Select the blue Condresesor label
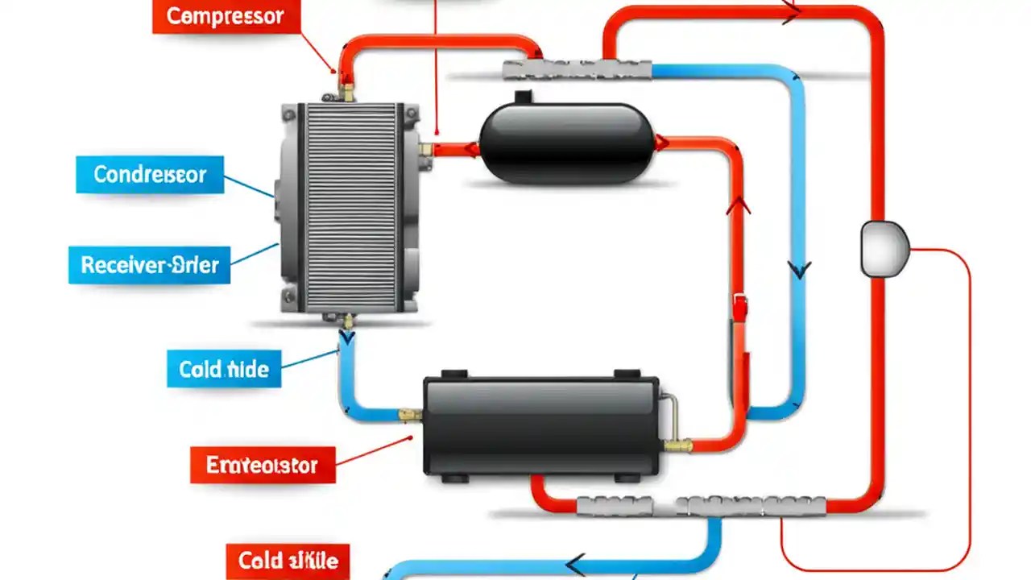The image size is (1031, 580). (x=150, y=174)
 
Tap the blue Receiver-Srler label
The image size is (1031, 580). (x=150, y=265)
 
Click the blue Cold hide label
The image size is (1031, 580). (x=224, y=369)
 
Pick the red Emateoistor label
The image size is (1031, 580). (x=262, y=465)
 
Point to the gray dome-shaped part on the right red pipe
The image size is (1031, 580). (x=884, y=248)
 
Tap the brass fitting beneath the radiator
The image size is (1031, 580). (x=347, y=321)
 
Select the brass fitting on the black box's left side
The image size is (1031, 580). (x=411, y=415)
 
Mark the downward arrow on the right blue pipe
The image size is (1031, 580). (x=798, y=269)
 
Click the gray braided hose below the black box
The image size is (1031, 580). (x=701, y=506)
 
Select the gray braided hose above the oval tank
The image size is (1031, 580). (x=576, y=70)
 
